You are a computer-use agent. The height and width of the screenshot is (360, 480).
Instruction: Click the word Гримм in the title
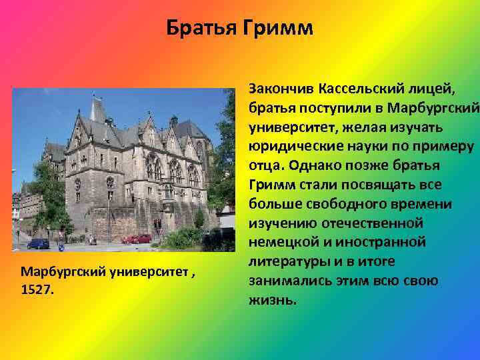click(x=279, y=29)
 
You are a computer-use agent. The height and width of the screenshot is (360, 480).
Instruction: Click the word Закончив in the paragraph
click(x=281, y=89)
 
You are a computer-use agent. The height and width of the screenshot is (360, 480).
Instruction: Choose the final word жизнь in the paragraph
click(x=270, y=300)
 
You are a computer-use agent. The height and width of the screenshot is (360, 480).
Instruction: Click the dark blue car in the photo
click(x=38, y=243)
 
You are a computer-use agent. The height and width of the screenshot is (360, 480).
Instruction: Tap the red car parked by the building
click(x=137, y=239)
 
